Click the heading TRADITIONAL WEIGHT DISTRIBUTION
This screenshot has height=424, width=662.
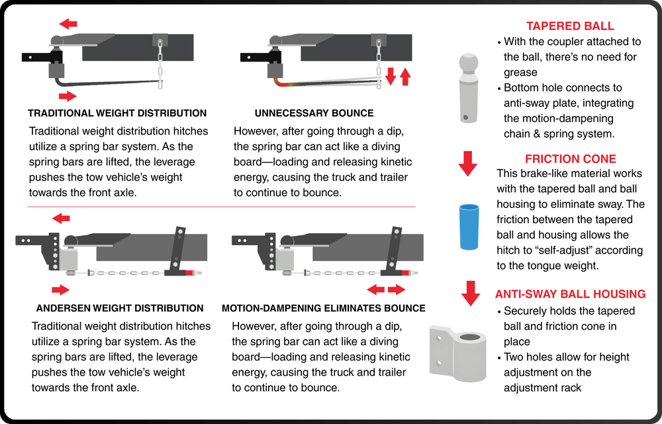point(117,113)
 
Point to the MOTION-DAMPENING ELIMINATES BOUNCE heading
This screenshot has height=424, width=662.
point(324,308)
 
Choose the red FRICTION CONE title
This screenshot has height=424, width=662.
point(570,159)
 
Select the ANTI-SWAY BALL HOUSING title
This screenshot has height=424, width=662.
point(570,294)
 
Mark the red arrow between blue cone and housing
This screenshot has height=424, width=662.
point(470,292)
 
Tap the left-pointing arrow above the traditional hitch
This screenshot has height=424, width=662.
point(68,24)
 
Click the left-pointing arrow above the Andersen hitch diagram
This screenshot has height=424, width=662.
point(61,218)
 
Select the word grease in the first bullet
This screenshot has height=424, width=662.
point(520,72)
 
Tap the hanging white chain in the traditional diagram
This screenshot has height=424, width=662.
point(159,64)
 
